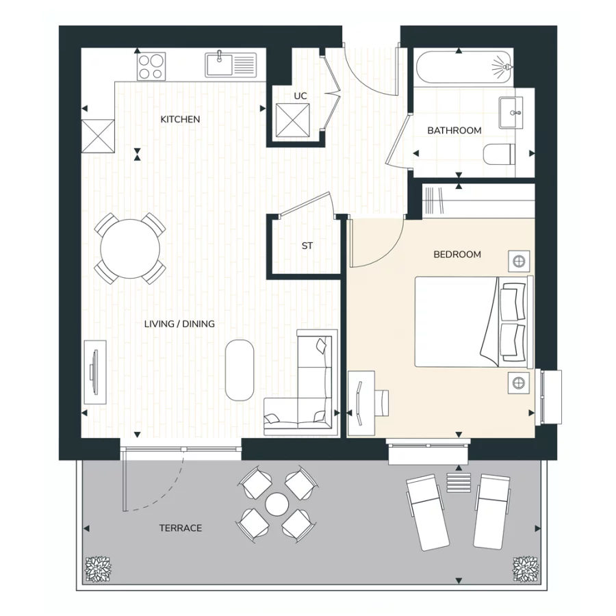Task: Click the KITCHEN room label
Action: click(x=180, y=120)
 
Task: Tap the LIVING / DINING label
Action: click(x=179, y=324)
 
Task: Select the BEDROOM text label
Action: click(x=457, y=255)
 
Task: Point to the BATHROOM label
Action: click(x=454, y=130)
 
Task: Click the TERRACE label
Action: click(x=180, y=528)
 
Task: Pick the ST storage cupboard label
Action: click(x=307, y=246)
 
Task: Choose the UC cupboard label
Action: click(x=300, y=97)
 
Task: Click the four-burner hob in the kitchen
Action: click(x=151, y=66)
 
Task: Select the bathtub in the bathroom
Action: click(x=463, y=68)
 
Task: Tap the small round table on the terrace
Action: click(x=277, y=505)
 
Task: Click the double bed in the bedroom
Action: click(x=472, y=322)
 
